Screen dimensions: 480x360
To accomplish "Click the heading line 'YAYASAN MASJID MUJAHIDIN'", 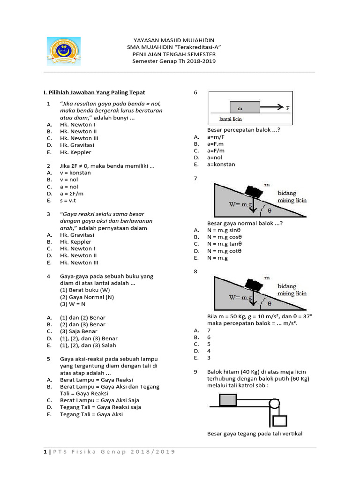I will (174, 41).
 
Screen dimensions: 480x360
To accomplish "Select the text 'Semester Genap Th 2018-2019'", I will (174, 61).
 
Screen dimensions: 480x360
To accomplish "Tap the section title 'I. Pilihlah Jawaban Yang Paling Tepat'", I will (94, 93).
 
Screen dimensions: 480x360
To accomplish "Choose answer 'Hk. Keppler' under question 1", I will (75, 152).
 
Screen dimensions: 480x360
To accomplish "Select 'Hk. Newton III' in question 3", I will (79, 262).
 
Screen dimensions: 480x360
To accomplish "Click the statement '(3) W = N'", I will (75, 304).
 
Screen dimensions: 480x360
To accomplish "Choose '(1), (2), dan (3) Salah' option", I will (89, 345).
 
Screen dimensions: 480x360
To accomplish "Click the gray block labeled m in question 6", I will (244, 107).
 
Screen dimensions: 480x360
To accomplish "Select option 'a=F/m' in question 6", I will (216, 150).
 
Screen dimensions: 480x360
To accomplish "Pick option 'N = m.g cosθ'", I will (224, 237).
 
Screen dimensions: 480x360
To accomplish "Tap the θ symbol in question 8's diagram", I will (269, 303).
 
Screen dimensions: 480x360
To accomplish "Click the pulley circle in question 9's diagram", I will (273, 404).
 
